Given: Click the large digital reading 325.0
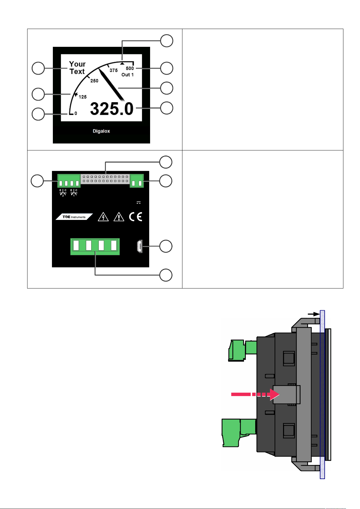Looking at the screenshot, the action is (x=111, y=109).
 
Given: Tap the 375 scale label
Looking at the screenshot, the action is (x=114, y=70).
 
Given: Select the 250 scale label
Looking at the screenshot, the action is (x=94, y=81).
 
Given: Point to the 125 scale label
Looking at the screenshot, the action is (x=82, y=97).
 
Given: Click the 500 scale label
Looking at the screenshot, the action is (x=130, y=68).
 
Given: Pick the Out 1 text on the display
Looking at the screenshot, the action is (x=127, y=75).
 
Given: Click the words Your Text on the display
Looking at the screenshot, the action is (x=77, y=68).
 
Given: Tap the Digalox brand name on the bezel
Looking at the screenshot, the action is (x=101, y=131).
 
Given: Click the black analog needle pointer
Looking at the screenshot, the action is (x=111, y=85).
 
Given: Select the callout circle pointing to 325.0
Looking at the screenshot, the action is (x=167, y=108).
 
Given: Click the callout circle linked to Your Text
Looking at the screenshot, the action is (x=38, y=68).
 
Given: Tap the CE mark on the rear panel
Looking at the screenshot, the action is (x=136, y=217).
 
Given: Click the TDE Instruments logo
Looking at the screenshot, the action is (x=74, y=217).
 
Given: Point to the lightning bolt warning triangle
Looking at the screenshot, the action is (x=103, y=217).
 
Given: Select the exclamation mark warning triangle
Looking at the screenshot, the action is (x=119, y=217).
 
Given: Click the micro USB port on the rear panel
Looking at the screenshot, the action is (x=140, y=246).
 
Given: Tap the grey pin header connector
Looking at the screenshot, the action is (x=105, y=179).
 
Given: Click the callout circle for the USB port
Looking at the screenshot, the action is (x=166, y=246).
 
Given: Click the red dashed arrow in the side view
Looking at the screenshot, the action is (x=255, y=394).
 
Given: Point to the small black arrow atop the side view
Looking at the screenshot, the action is (x=314, y=314).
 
